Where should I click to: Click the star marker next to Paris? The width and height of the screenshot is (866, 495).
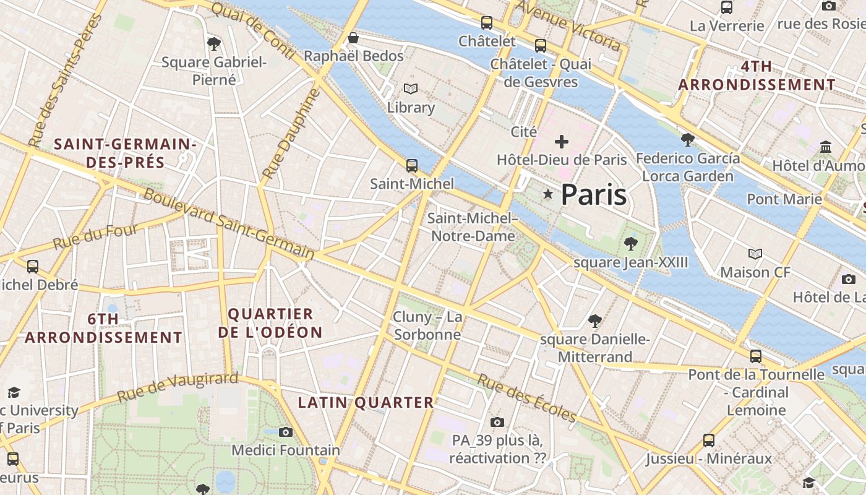click(x=547, y=194)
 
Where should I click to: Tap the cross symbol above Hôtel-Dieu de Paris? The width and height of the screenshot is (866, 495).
click(x=561, y=142)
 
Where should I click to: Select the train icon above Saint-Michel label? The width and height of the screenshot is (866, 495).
click(x=411, y=166)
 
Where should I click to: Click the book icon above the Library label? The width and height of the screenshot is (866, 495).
click(x=411, y=89)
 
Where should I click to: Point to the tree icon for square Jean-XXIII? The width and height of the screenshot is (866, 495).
click(x=630, y=244)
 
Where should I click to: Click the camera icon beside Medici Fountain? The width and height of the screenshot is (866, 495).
click(x=285, y=432)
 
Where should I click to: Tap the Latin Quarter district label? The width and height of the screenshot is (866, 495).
click(x=366, y=403)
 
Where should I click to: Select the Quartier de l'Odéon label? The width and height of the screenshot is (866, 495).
click(x=270, y=323)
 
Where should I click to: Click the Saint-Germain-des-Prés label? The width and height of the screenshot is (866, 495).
click(x=125, y=153)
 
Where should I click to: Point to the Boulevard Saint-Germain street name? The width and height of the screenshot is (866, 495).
click(x=229, y=223)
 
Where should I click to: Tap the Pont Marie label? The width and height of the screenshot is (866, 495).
click(x=784, y=199)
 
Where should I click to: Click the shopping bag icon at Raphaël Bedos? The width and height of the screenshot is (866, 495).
click(x=353, y=38)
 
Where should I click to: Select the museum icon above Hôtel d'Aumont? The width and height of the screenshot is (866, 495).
click(x=826, y=147)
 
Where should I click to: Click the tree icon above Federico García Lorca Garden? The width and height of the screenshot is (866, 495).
click(x=687, y=139)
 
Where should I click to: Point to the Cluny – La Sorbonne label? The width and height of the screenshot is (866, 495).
click(x=427, y=326)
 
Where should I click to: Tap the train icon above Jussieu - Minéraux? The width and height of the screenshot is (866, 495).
click(x=709, y=441)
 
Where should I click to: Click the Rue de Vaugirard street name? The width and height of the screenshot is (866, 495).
click(x=178, y=387)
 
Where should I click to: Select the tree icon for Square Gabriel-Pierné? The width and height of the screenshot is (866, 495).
click(x=214, y=43)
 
